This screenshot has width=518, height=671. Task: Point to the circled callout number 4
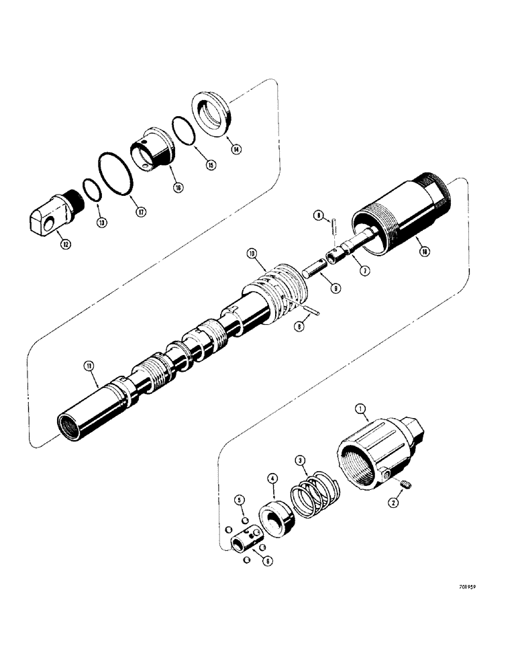(x=272, y=478)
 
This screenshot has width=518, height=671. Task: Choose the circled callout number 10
(x=252, y=254)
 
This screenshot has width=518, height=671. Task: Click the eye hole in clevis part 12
(x=46, y=217)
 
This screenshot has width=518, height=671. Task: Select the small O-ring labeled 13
(x=91, y=190)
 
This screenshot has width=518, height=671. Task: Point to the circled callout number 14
(x=236, y=150)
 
